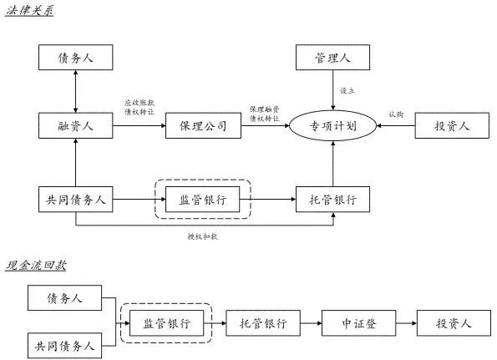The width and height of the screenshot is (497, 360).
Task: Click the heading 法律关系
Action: [x=29, y=11]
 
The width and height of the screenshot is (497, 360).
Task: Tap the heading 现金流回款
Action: [x=36, y=266]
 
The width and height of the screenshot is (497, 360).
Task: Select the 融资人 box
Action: [x=75, y=126]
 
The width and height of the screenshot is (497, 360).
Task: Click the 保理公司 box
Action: [x=203, y=126]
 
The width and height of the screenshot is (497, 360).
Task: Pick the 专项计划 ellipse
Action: [x=332, y=126]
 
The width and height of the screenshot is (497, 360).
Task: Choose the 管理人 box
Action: [x=332, y=58]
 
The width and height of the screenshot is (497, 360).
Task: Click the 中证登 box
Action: [x=359, y=323]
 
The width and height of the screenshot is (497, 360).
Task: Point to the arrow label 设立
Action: [x=347, y=91]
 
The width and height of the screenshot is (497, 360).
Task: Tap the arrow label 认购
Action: [x=396, y=114]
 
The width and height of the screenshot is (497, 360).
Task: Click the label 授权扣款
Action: [x=202, y=236]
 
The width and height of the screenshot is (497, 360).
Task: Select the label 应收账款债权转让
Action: [x=139, y=107]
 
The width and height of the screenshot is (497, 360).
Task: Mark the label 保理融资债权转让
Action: [x=264, y=114]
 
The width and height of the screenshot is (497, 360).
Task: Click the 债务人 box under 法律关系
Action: [x=75, y=58]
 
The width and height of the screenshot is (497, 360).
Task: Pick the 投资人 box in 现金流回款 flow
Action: [x=454, y=323]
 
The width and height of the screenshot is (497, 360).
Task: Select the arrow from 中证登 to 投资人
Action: [x=406, y=323]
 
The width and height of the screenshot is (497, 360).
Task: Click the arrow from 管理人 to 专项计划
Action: [x=332, y=90]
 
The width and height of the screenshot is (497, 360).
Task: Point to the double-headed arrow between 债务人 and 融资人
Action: [x=75, y=91]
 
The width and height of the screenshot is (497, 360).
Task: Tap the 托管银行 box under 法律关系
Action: [x=332, y=200]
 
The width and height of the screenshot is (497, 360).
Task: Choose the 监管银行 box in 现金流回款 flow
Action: [x=167, y=323]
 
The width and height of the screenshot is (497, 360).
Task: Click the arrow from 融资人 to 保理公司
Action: [x=139, y=126]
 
